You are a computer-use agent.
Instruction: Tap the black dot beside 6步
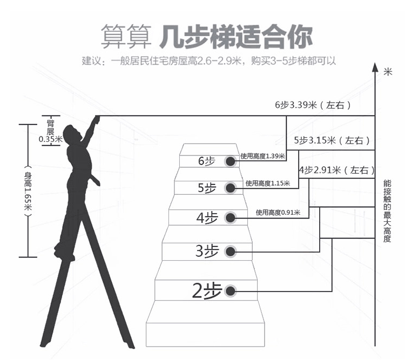tap(231, 161)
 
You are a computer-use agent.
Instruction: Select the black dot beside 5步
tap(231, 188)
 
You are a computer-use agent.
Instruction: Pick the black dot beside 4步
tap(231, 218)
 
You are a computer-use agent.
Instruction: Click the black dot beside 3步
tap(231, 251)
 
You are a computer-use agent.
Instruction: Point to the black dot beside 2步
tap(231, 291)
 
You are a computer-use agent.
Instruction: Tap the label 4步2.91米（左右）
tap(336, 170)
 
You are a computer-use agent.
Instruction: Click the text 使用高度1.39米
tap(262, 156)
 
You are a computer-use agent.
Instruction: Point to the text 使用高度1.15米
tap(267, 184)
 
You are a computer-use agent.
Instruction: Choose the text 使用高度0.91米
tap(278, 213)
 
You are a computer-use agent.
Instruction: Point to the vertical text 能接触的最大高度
tap(387, 210)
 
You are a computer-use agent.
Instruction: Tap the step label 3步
tap(207, 251)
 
